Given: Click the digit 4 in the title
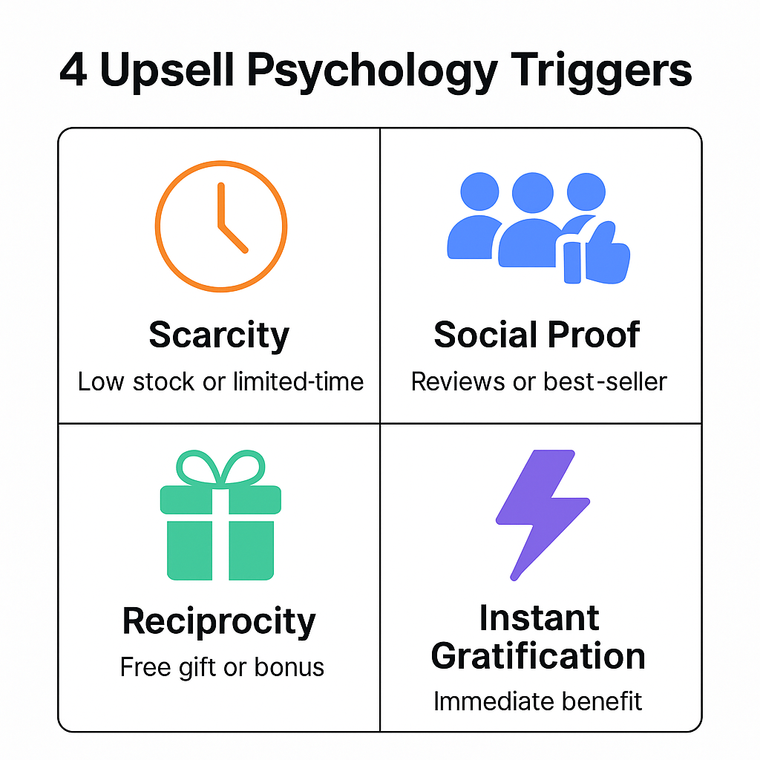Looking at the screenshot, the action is tap(73, 72).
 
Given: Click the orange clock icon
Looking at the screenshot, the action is tap(220, 226).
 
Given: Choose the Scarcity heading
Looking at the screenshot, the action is tap(219, 335).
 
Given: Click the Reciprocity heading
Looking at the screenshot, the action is tap(219, 621).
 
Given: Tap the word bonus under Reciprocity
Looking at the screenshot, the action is tap(289, 666).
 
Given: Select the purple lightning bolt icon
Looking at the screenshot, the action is tap(540, 513).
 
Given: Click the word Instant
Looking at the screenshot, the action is tap(539, 617).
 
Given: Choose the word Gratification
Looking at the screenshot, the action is tap(538, 656).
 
